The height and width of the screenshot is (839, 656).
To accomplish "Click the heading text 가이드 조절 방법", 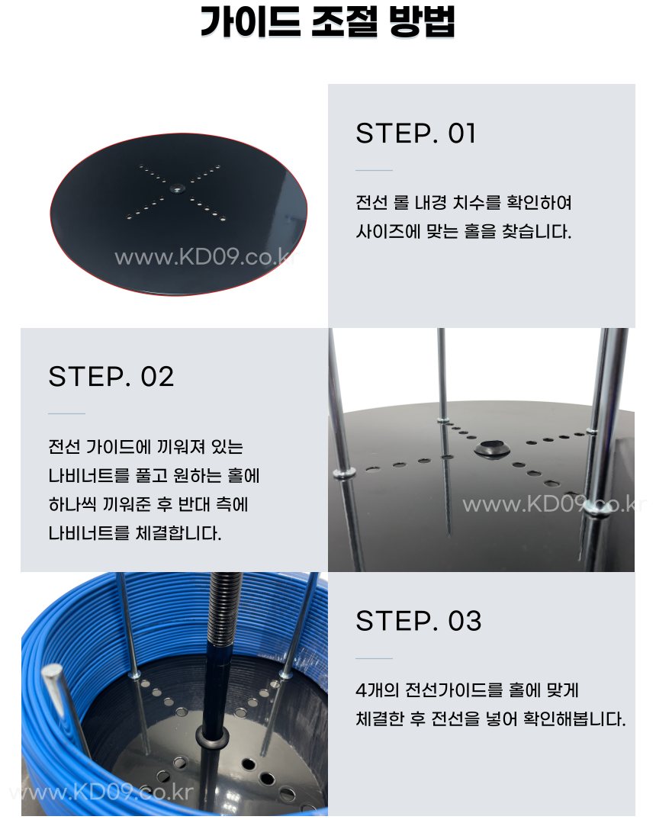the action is coord(327,22).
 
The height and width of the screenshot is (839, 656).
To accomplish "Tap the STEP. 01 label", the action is coord(416,133).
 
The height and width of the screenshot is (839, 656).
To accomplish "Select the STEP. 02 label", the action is coord(111,377).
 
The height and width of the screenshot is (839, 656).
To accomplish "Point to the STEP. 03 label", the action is coord(419,621).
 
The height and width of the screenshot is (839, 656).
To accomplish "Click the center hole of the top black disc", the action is coord(176,188).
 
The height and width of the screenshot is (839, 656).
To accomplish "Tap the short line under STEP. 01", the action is coord(374,170).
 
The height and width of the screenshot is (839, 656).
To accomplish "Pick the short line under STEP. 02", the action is coord(67,413).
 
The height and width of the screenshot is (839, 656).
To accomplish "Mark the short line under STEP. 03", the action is coord(374,658).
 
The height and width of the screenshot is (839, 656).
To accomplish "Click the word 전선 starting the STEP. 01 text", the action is coord(372,203).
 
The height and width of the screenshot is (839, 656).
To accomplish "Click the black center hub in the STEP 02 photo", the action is coord(491,448).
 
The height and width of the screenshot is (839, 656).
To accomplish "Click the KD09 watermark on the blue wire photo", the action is coord(101,792).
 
